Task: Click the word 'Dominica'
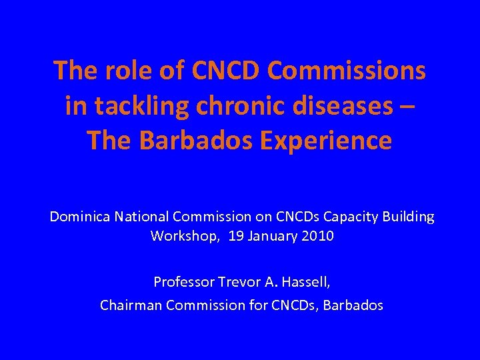[81, 217]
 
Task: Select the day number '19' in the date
[236, 235]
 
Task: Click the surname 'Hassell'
[305, 282]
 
